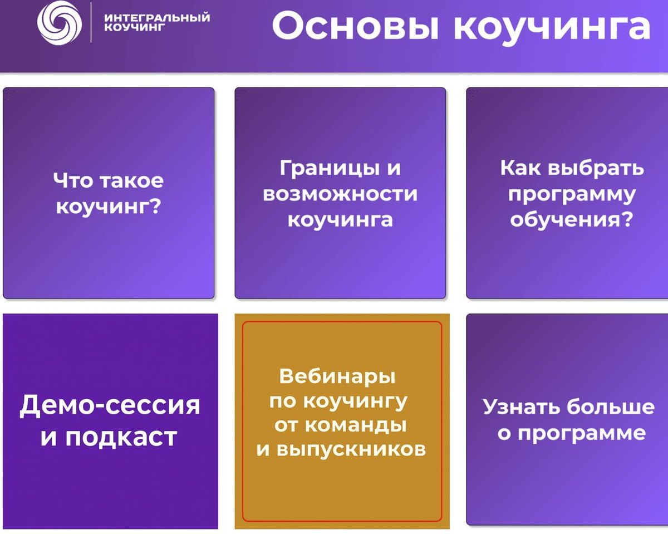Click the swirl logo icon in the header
pyautogui.click(x=60, y=22)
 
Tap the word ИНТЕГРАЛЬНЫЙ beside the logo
pyautogui.click(x=157, y=17)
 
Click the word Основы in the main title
pyautogui.click(x=355, y=26)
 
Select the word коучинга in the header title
pyautogui.click(x=552, y=28)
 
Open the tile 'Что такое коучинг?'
pyautogui.click(x=109, y=193)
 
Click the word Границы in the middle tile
pyautogui.click(x=330, y=169)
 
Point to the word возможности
pyautogui.click(x=340, y=194)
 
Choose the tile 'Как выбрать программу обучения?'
pyautogui.click(x=567, y=193)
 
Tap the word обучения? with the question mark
pyautogui.click(x=572, y=221)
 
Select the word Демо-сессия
pyautogui.click(x=110, y=405)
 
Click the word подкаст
pyautogui.click(x=121, y=437)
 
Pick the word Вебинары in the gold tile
pyautogui.click(x=337, y=376)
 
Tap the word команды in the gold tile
pyautogui.click(x=356, y=425)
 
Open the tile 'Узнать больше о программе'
pyautogui.click(x=567, y=419)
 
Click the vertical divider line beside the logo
pyautogui.click(x=91, y=22)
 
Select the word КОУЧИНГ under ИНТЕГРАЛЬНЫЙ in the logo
pyautogui.click(x=134, y=27)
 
